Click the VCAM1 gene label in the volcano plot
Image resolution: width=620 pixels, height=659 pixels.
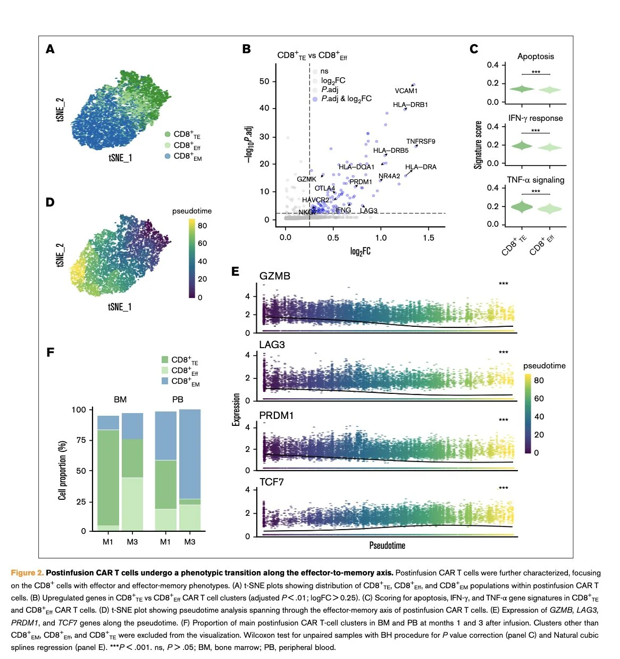pyautogui.click(x=406, y=91)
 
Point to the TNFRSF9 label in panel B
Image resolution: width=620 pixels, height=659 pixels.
pyautogui.click(x=421, y=142)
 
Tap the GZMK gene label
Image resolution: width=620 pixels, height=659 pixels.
pyautogui.click(x=306, y=179)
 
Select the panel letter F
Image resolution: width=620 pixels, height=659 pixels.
pyautogui.click(x=51, y=352)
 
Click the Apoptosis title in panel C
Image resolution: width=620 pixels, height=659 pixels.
pyautogui.click(x=535, y=56)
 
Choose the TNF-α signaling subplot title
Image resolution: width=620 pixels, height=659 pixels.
pyautogui.click(x=535, y=180)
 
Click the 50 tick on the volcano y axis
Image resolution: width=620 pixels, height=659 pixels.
pyautogui.click(x=264, y=81)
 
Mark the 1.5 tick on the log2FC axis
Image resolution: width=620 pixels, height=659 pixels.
pyautogui.click(x=429, y=238)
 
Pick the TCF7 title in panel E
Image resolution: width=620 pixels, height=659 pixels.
pyautogui.click(x=272, y=482)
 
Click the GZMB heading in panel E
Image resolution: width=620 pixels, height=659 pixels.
pyautogui.click(x=275, y=276)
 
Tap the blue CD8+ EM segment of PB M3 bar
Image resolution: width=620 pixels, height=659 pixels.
pyautogui.click(x=190, y=452)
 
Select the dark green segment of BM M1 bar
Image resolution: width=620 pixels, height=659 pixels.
pyautogui.click(x=108, y=477)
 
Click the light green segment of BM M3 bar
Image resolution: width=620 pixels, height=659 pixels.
pyautogui.click(x=132, y=504)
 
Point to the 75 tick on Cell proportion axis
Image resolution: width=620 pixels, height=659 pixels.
pyautogui.click(x=81, y=440)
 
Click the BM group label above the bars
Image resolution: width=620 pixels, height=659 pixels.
pyautogui.click(x=120, y=399)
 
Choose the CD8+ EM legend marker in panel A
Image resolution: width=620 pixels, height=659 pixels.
pyautogui.click(x=167, y=156)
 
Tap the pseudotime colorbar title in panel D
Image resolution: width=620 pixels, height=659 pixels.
pyautogui.click(x=192, y=211)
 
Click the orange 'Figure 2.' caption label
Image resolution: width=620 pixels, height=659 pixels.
pyautogui.click(x=27, y=573)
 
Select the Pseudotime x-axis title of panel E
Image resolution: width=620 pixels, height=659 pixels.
pyautogui.click(x=387, y=546)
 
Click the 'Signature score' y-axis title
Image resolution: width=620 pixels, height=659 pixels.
pyautogui.click(x=478, y=145)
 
